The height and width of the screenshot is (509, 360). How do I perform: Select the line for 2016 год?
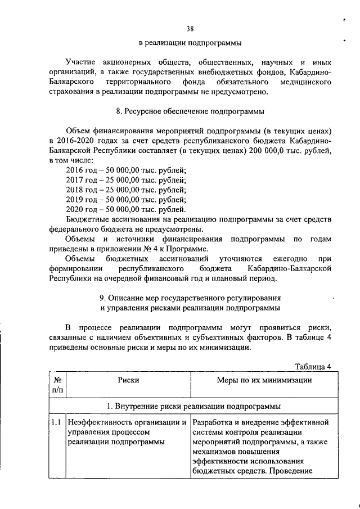tap(125, 170)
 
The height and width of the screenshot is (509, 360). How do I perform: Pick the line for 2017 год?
tap(125, 180)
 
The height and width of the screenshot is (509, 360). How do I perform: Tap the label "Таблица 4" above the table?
tap(312, 367)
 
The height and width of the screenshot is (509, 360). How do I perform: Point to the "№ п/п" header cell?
tap(57, 385)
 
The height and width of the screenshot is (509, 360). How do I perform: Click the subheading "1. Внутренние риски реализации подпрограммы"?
tap(194, 405)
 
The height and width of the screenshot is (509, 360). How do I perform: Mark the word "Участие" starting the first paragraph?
tap(80, 61)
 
